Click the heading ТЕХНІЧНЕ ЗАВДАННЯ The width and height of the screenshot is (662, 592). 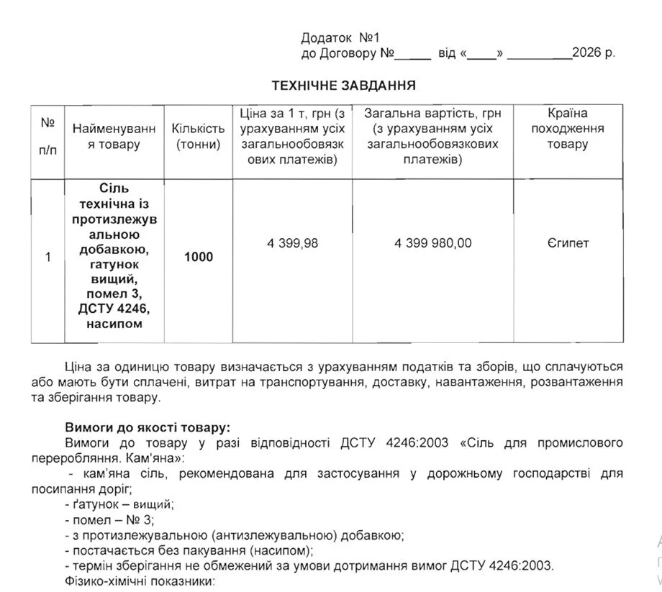[344, 86]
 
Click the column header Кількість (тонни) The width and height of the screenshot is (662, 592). [198, 136]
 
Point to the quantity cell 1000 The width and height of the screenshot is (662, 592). [199, 257]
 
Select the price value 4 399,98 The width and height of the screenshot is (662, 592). [292, 243]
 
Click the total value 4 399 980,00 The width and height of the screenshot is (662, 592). [432, 243]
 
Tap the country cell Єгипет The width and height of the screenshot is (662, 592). [568, 243]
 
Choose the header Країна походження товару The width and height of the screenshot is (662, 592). [568, 128]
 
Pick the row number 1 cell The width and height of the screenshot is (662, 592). [47, 257]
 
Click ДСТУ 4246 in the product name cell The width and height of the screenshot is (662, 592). [114, 310]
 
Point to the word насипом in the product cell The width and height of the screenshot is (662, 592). [114, 324]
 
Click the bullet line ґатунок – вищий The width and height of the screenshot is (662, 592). [119, 504]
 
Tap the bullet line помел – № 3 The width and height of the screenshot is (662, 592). [109, 519]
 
